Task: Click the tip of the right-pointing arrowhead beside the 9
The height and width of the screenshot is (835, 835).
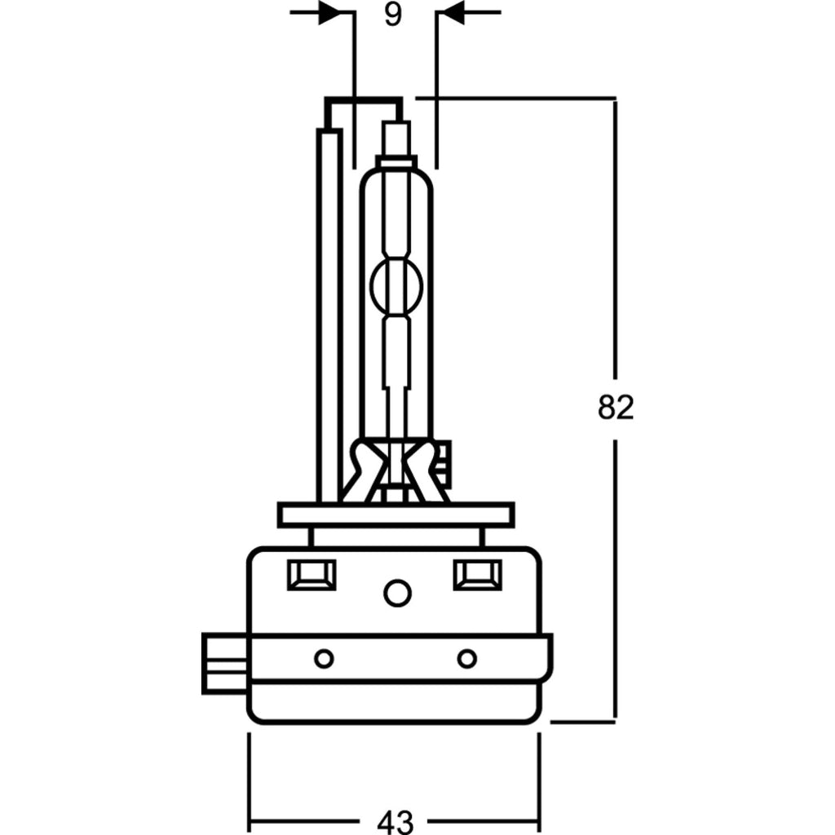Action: [341, 12]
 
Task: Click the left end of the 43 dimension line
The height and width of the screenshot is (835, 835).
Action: [250, 820]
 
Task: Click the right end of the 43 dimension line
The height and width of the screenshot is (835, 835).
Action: [540, 820]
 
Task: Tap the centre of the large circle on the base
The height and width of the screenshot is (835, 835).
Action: [397, 592]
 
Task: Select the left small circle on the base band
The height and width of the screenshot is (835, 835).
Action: [324, 659]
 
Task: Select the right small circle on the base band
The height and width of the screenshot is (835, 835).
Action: [467, 659]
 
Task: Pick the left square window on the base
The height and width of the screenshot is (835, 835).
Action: [311, 575]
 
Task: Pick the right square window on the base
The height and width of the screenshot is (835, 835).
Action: [477, 575]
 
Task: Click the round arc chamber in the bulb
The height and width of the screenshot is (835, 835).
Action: [396, 285]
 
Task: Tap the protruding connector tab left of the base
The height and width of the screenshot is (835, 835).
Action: [225, 663]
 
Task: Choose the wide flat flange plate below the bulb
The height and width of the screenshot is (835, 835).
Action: [396, 515]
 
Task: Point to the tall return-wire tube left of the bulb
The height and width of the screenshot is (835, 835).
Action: [329, 316]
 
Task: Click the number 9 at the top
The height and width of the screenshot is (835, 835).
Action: [392, 15]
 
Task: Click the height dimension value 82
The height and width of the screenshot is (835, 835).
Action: [616, 408]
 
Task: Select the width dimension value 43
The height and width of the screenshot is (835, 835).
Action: [395, 821]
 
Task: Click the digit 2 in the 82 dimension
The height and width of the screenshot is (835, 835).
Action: [625, 408]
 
